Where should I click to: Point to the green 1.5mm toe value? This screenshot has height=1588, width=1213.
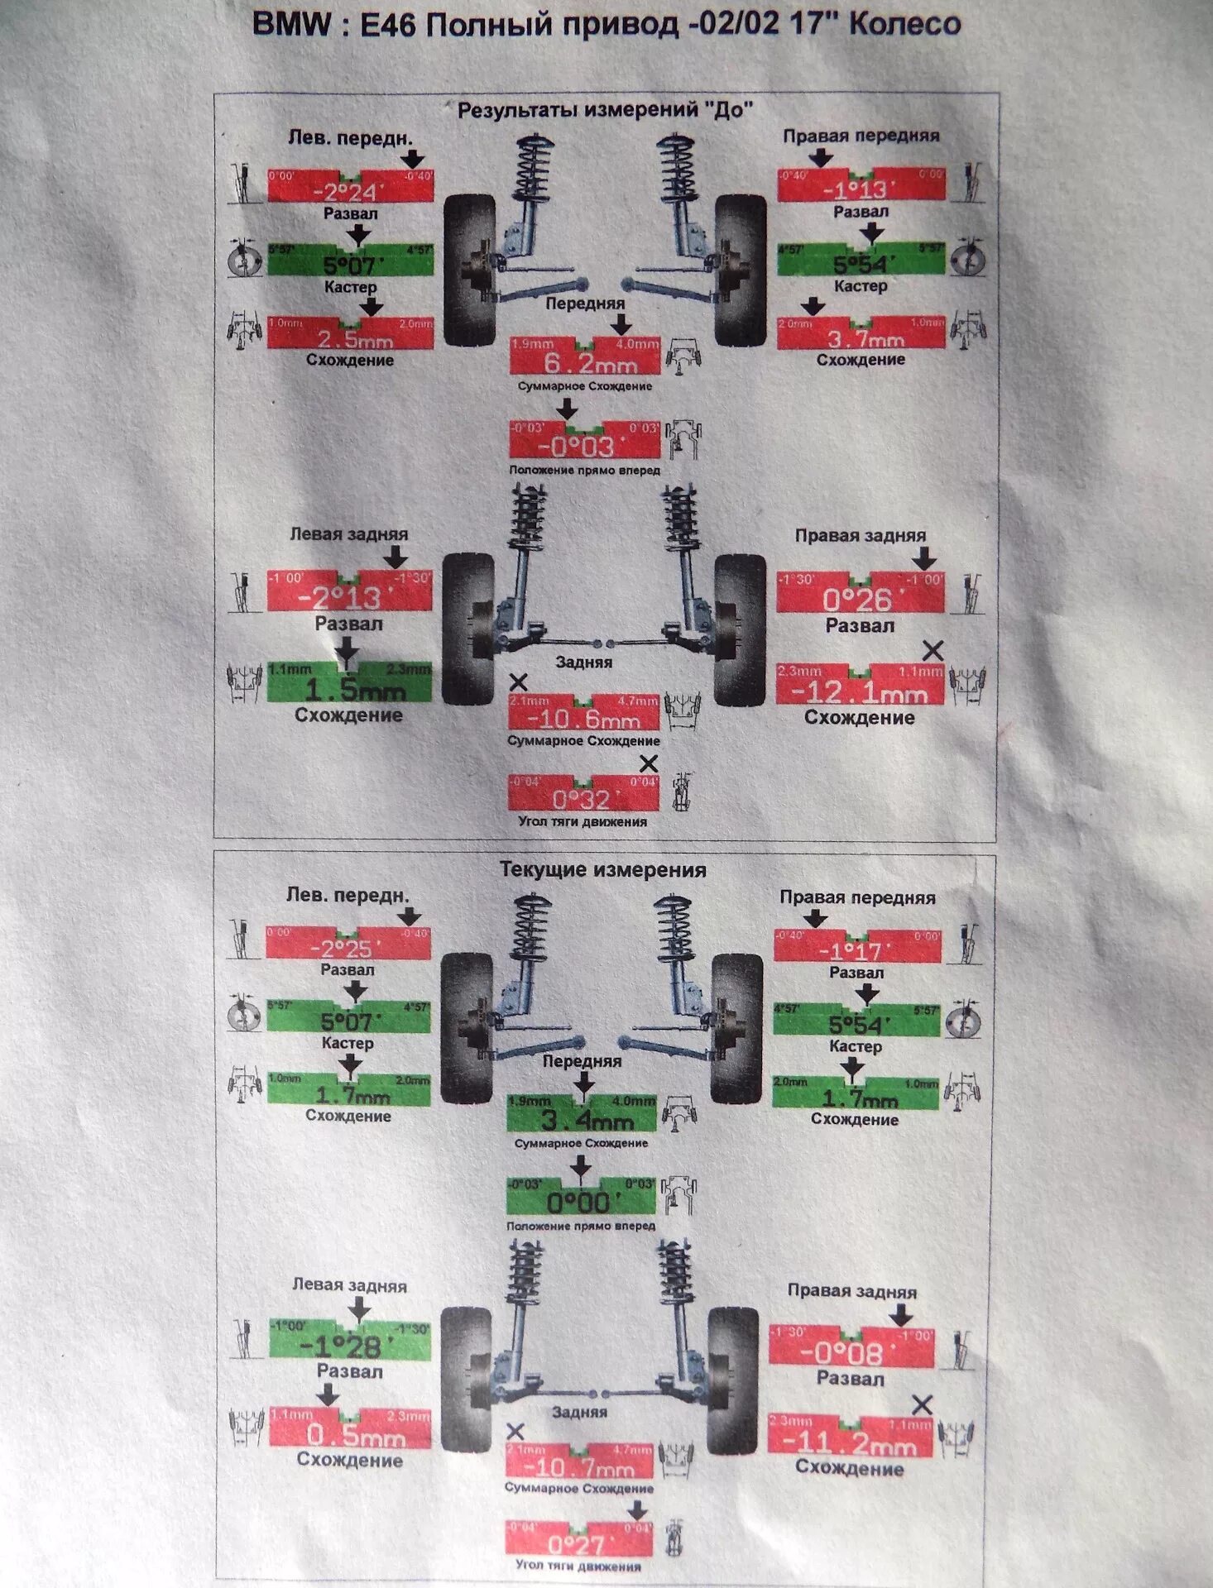coord(353,688)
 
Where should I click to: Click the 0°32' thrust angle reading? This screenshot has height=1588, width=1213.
coord(582,798)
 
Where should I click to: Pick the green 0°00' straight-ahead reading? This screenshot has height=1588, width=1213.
coord(580,1201)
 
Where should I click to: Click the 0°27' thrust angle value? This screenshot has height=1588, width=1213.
coord(578,1544)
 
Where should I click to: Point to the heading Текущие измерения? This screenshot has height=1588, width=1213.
coord(602,869)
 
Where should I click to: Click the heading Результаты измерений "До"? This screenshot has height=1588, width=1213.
coord(605,109)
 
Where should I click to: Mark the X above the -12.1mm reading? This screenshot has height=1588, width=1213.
coord(933,650)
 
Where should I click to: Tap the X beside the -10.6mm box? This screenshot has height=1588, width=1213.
coord(518,682)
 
